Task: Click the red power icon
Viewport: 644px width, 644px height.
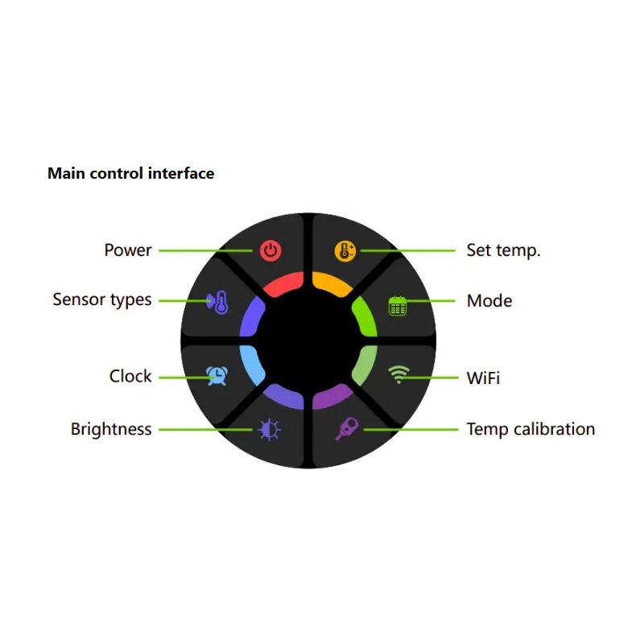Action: point(270,250)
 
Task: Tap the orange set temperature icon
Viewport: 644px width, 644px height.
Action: point(345,250)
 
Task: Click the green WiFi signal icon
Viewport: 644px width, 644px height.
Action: point(398,374)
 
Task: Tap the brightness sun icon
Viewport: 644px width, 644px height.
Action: point(270,430)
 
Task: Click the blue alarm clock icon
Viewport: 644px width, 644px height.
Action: point(216,374)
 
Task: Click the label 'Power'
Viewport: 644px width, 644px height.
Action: point(128,250)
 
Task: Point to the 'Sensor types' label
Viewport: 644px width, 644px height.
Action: point(102,300)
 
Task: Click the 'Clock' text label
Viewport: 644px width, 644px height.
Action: point(130,376)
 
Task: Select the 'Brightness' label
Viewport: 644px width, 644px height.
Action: point(111,429)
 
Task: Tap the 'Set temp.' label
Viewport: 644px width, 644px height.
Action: point(504,250)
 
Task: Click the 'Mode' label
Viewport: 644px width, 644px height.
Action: point(489,301)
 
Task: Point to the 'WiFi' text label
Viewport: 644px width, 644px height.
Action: point(483,377)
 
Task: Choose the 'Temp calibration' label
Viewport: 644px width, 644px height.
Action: point(531,429)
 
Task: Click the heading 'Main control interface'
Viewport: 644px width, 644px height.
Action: point(131,173)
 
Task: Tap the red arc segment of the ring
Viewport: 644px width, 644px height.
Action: point(283,283)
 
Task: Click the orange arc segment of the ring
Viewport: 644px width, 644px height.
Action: point(330,283)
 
